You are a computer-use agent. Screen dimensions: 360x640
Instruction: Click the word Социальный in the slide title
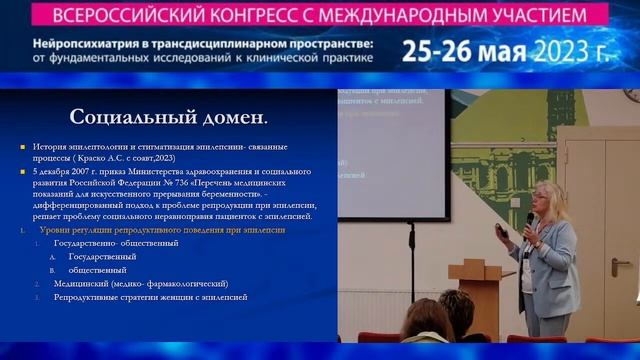coord(128,117)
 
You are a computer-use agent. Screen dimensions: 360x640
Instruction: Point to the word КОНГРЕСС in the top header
coord(289,18)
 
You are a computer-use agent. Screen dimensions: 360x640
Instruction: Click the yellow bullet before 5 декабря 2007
coord(22,172)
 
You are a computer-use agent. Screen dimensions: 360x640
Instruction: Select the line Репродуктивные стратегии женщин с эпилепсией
coord(149,297)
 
